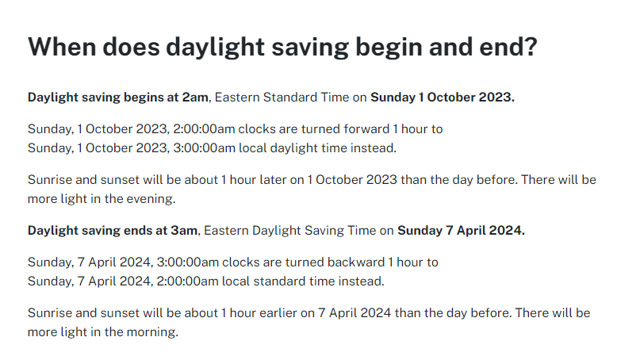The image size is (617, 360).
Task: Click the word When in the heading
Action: coord(62,47)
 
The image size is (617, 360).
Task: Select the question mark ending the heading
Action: coord(531,47)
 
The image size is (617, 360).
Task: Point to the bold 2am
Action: coord(195,98)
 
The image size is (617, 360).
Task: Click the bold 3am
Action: coord(184,230)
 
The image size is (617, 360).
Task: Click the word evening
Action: coord(151,200)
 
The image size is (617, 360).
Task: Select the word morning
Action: coord(153,332)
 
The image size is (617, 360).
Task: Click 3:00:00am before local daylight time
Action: coord(204,148)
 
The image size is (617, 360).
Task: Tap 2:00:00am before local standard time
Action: coord(187,281)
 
